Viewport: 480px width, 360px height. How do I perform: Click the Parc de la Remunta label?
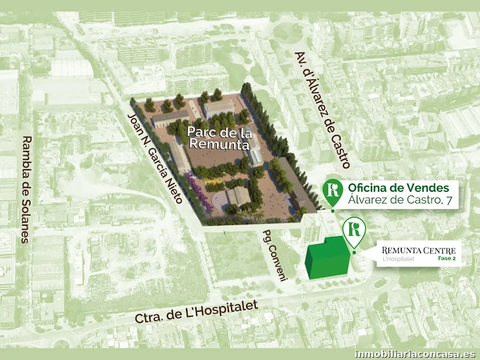(217, 136)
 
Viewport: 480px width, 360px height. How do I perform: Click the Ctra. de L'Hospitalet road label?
(196, 312)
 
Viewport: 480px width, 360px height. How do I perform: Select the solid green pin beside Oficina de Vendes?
(333, 190)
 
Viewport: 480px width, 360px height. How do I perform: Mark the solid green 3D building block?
(327, 259)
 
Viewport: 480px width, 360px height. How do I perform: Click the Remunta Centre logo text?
(419, 250)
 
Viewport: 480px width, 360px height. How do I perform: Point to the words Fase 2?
(447, 259)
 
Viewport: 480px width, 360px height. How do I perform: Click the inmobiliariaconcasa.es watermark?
(415, 354)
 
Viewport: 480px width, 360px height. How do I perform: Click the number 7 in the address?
(450, 202)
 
